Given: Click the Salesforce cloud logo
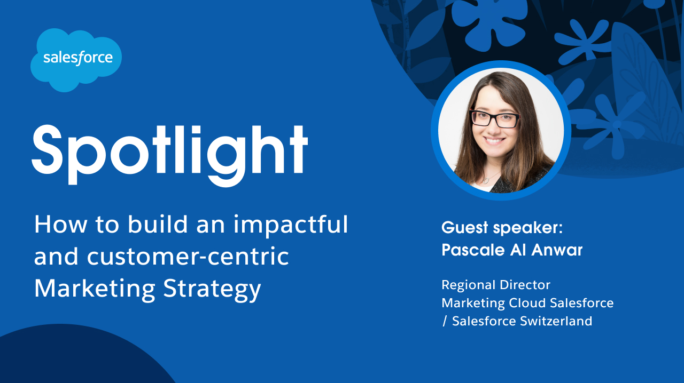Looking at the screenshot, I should [x=76, y=59].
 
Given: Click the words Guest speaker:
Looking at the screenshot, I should [x=502, y=228].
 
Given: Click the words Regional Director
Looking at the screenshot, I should [x=495, y=285].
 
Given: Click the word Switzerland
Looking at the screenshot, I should [x=557, y=321].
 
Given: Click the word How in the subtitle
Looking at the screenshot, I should [x=53, y=225].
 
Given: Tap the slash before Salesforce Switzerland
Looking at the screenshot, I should [x=445, y=322].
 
